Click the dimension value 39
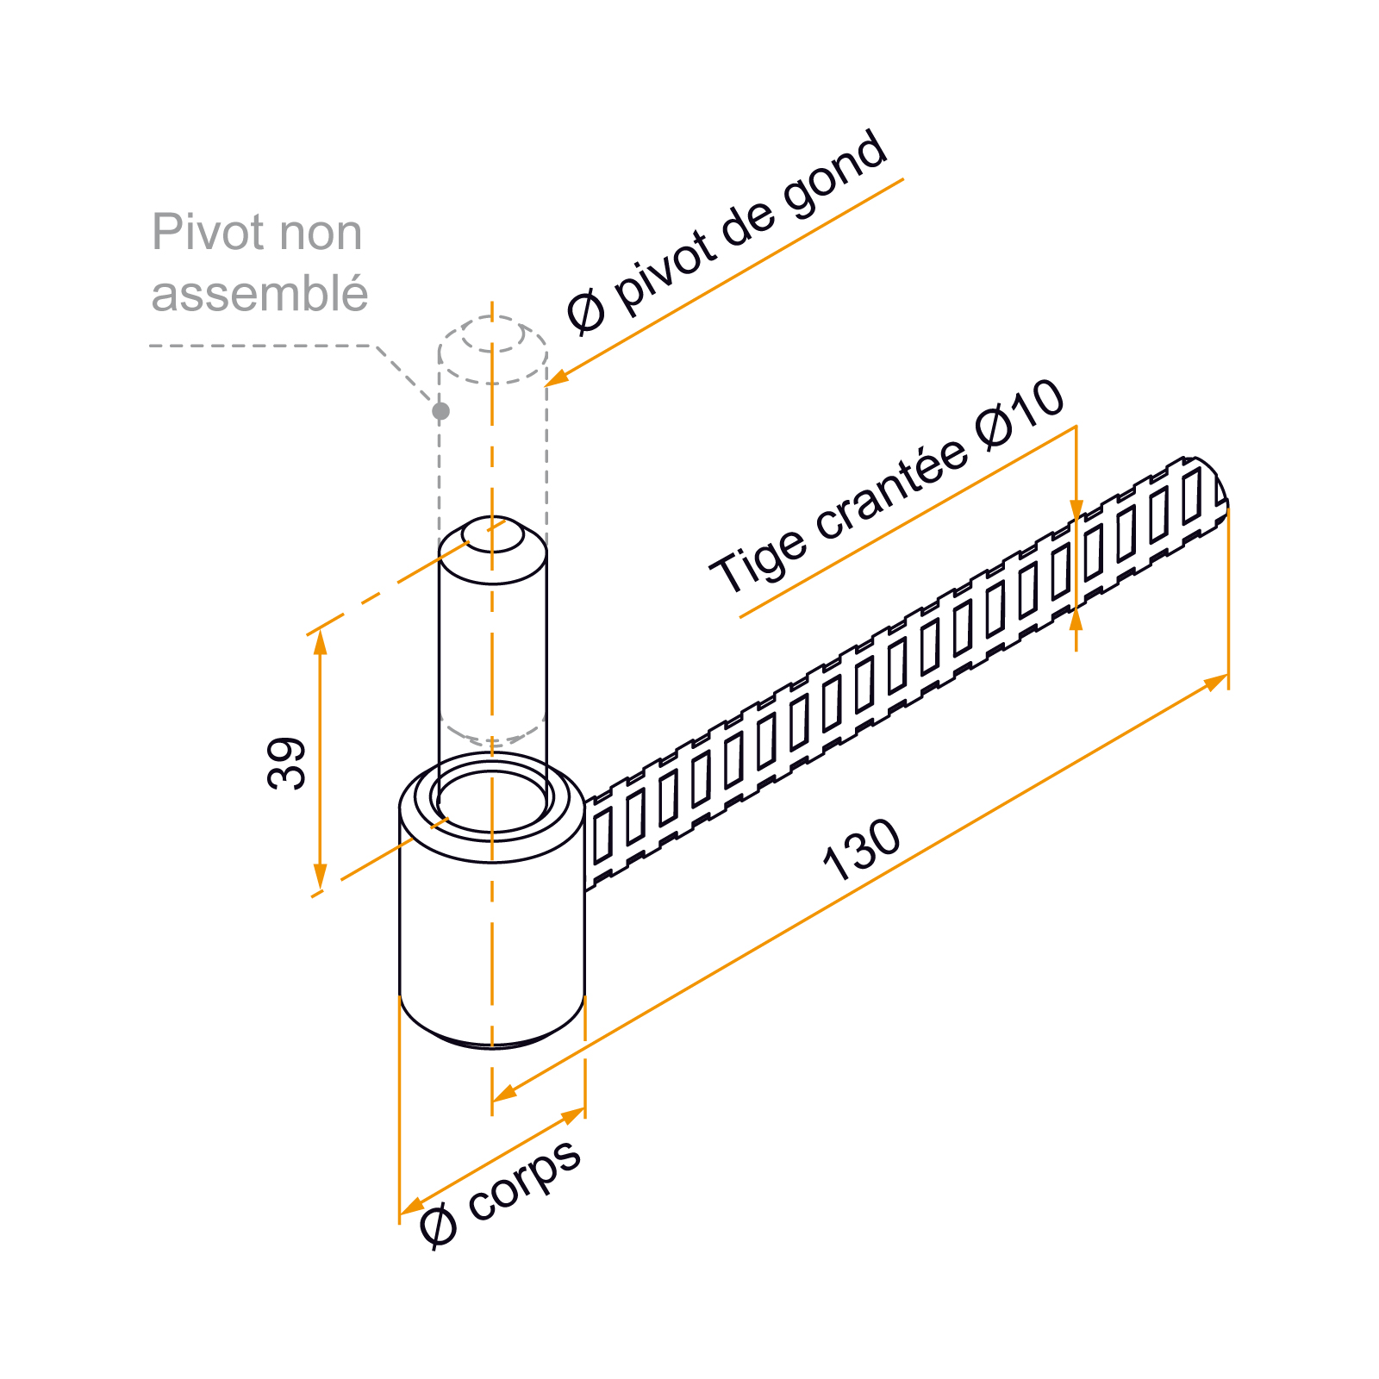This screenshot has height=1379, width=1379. (x=286, y=764)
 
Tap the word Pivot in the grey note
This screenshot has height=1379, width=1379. (x=208, y=233)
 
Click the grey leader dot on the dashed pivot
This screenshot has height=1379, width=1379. (x=440, y=411)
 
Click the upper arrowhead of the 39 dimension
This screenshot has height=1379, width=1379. (x=321, y=642)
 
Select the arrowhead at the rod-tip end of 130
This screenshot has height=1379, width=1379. (x=1215, y=682)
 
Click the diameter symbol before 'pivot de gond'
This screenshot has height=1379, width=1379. (x=586, y=311)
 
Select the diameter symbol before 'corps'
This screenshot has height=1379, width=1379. (x=439, y=1225)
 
